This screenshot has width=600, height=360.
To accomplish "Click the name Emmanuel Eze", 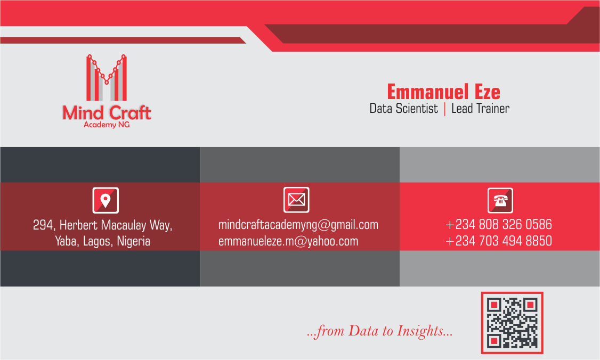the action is pyautogui.click(x=443, y=92).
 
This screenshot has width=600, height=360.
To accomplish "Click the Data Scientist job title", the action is pyautogui.click(x=403, y=109).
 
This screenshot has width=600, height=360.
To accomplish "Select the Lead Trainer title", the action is pyautogui.click(x=480, y=109).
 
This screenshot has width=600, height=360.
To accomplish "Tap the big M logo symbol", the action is pyautogui.click(x=107, y=78).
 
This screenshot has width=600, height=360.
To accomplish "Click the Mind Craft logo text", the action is pyautogui.click(x=107, y=113).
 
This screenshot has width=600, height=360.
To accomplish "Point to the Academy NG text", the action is pyautogui.click(x=107, y=125).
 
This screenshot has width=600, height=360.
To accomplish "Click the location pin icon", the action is pyautogui.click(x=106, y=200).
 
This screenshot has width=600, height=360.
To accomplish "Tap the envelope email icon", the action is pyautogui.click(x=296, y=200).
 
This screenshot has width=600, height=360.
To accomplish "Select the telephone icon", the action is pyautogui.click(x=500, y=200).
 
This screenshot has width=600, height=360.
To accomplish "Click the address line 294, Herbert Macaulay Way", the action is pyautogui.click(x=102, y=225).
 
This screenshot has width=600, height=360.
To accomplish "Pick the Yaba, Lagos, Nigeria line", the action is pyautogui.click(x=102, y=241).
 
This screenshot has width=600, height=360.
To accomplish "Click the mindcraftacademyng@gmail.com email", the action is pyautogui.click(x=298, y=225).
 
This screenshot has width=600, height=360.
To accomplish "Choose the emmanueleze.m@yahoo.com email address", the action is pyautogui.click(x=288, y=241).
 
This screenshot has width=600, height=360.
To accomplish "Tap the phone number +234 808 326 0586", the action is pyautogui.click(x=499, y=225).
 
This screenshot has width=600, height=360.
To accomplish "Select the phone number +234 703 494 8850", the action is pyautogui.click(x=499, y=241).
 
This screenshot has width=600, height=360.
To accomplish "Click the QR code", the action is pyautogui.click(x=512, y=323).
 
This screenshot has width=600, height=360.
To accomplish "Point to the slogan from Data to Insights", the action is pyautogui.click(x=379, y=331).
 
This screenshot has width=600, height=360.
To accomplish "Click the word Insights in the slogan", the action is pyautogui.click(x=420, y=331).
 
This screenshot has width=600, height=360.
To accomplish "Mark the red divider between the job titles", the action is pyautogui.click(x=444, y=109).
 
